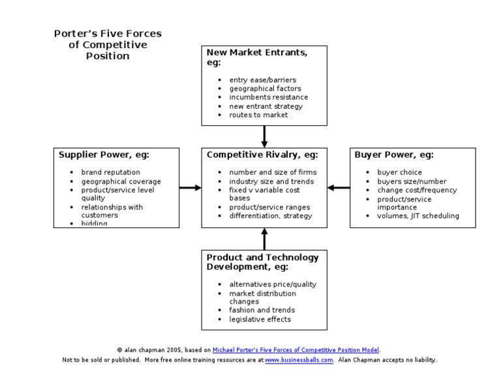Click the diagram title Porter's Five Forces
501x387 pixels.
click(x=108, y=44)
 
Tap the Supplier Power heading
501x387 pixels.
click(x=104, y=155)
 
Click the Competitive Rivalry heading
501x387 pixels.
click(x=262, y=155)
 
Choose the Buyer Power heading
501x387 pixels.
click(x=394, y=155)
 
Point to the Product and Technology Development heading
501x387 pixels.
click(x=262, y=262)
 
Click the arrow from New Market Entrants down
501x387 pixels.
click(x=264, y=136)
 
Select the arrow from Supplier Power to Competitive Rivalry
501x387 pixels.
click(x=190, y=188)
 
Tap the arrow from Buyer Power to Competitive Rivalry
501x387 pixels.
click(x=339, y=188)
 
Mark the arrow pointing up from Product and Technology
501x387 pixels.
click(x=264, y=238)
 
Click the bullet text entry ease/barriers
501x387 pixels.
click(x=262, y=80)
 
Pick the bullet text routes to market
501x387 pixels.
click(x=258, y=115)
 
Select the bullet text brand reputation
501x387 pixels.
click(x=110, y=173)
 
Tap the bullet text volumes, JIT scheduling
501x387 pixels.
click(x=417, y=216)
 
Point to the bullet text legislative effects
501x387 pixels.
click(x=260, y=319)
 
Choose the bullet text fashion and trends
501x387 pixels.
click(x=262, y=310)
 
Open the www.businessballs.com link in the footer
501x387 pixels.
click(x=299, y=360)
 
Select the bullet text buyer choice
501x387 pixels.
click(x=399, y=173)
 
